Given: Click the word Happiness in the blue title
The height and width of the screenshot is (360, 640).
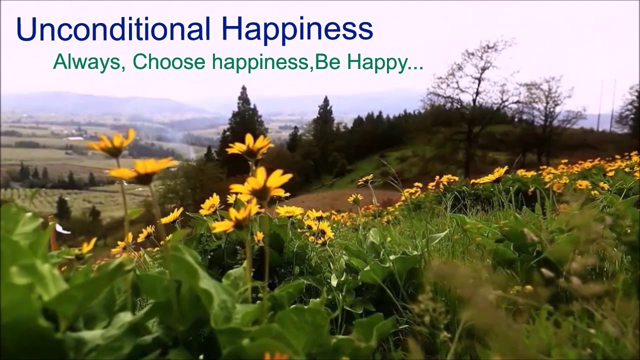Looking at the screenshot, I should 297,30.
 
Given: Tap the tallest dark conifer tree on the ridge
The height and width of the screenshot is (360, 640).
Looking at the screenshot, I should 244,120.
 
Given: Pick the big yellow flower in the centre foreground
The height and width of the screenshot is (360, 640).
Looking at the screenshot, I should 261,184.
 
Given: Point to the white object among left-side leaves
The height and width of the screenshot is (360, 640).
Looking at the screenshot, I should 62,229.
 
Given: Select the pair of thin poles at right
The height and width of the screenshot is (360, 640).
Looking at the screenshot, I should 606,105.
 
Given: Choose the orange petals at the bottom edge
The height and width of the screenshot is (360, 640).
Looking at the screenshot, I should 275,356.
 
